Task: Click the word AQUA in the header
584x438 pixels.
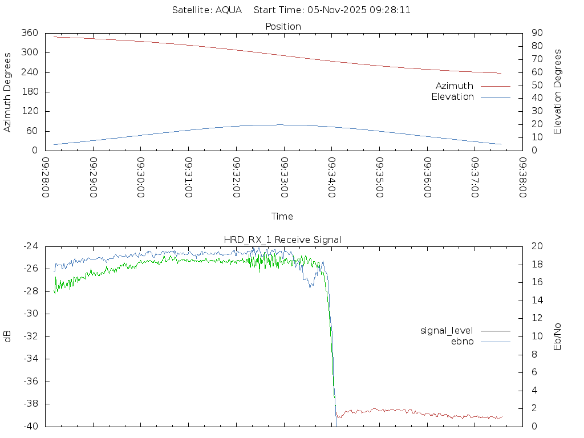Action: pos(228,10)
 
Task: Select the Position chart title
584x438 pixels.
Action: pos(283,26)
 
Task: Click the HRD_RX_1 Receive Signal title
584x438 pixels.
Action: pos(283,240)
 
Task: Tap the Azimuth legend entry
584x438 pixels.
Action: pos(455,86)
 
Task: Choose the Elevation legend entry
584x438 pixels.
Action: pos(452,96)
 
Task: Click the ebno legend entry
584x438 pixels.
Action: pos(463,341)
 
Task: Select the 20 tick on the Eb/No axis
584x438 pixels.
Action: pos(537,246)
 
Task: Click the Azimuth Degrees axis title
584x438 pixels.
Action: pos(7,92)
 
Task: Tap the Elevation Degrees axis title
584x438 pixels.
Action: pos(558,92)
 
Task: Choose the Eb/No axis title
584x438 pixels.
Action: pos(558,336)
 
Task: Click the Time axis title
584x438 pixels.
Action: pos(282,216)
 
